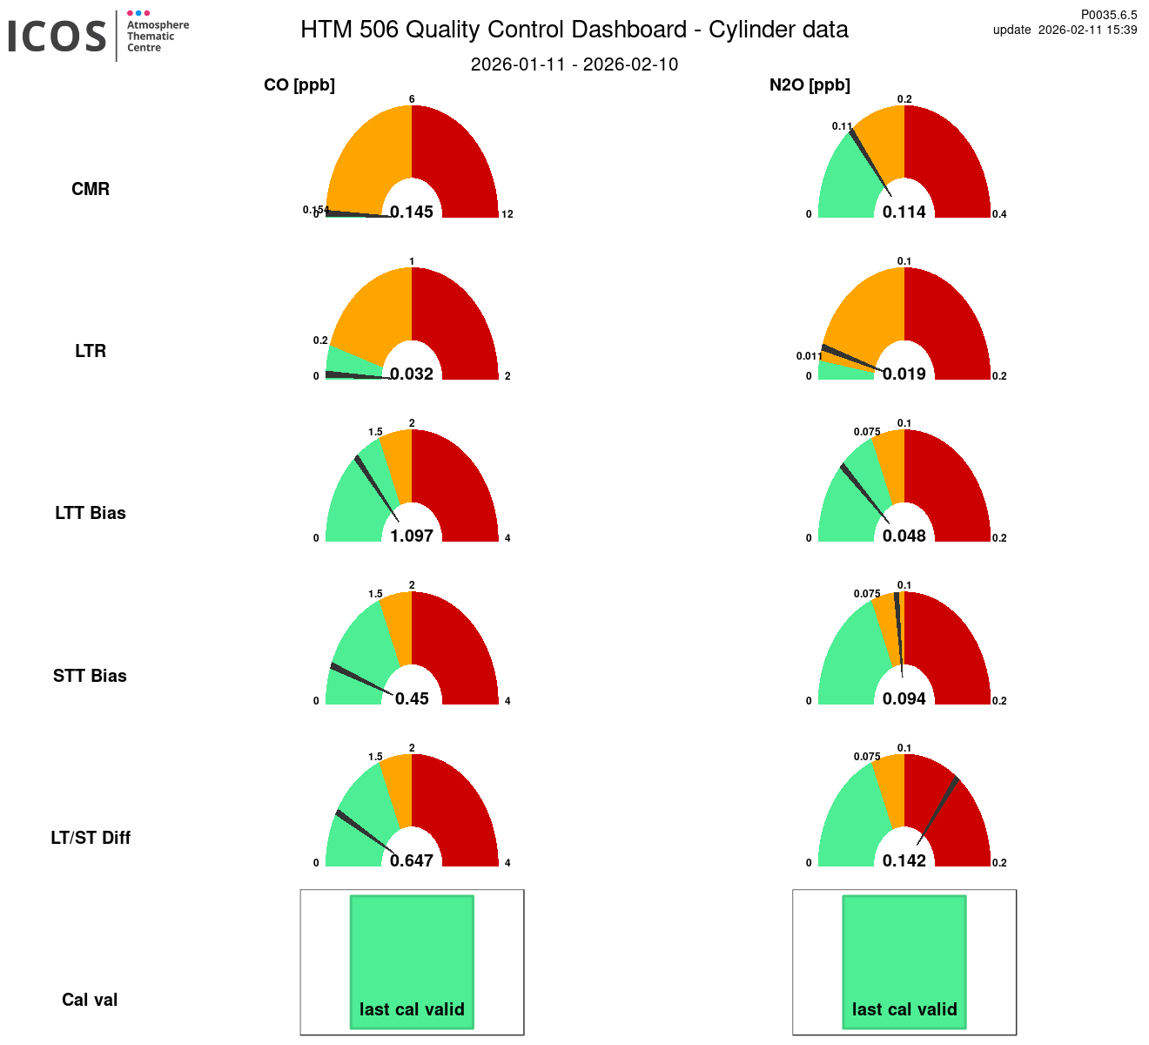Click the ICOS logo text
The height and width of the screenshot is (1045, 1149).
click(57, 36)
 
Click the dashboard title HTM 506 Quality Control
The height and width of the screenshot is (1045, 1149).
click(574, 30)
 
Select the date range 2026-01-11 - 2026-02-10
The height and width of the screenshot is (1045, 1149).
click(574, 64)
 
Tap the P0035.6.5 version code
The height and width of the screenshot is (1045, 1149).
click(1108, 15)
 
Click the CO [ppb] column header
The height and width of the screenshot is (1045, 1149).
click(299, 85)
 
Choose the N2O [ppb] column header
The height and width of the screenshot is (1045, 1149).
click(810, 85)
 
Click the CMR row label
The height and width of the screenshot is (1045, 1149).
click(91, 189)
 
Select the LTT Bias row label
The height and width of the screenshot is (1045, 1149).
click(91, 513)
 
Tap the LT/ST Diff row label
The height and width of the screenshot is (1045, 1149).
click(91, 838)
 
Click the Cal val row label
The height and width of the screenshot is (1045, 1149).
click(90, 1000)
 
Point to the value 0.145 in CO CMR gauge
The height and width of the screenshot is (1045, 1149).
click(412, 212)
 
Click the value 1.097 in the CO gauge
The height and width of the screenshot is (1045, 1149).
click(412, 536)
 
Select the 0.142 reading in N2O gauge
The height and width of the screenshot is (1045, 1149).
click(904, 860)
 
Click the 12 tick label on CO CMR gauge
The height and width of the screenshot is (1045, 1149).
click(507, 214)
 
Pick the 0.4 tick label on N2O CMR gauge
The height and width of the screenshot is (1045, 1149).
click(999, 214)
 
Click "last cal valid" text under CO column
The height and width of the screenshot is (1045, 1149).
click(412, 1009)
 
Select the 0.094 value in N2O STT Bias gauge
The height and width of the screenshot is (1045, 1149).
click(904, 698)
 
